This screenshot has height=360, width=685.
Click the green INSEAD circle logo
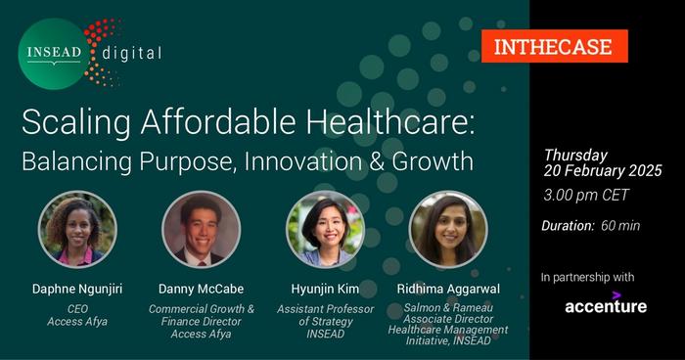[54, 54]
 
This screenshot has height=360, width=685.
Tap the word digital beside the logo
[132, 54]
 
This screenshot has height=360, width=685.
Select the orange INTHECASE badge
[555, 46]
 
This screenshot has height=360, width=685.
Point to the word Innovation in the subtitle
[302, 161]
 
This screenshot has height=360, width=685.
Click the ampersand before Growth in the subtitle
[376, 161]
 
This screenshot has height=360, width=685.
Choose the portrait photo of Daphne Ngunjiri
[77, 229]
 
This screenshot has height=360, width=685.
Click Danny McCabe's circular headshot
[201, 229]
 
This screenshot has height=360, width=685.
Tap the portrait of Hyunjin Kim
[325, 229]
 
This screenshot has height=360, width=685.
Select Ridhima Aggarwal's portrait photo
[448, 229]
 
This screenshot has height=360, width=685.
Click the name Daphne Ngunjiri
[77, 290]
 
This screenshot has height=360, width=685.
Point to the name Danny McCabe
[201, 289]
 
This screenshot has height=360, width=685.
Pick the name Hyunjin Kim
[325, 290]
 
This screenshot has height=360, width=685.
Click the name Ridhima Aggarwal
[448, 290]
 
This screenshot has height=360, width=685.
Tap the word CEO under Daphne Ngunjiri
[77, 309]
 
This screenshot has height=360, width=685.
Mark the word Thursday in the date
[575, 156]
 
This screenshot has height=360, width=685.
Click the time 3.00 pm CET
[586, 195]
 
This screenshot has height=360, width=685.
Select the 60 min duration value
[620, 226]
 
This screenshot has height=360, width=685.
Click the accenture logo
[606, 303]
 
